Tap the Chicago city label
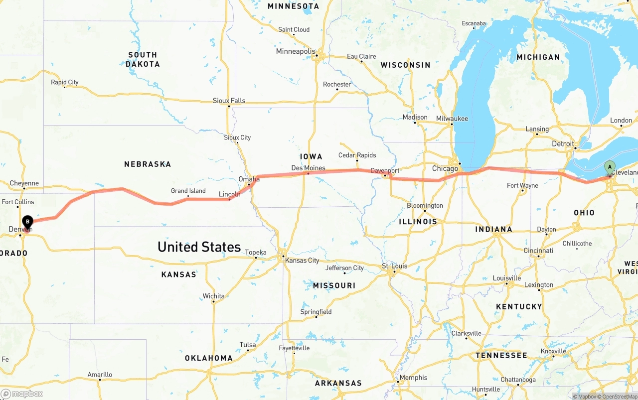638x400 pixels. click(445, 168)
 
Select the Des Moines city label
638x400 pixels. click(308, 168)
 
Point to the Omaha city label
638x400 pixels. click(249, 179)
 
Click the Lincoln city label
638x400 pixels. click(229, 194)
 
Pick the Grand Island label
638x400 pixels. click(188, 191)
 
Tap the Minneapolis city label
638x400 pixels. click(296, 51)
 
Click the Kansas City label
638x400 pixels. click(301, 260)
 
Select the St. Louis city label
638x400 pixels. click(395, 266)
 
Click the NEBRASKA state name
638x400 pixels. click(148, 164)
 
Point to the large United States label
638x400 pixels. click(199, 247)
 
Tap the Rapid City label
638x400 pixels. click(65, 82)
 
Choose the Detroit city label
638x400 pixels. click(563, 143)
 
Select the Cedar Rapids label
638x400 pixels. click(357, 155)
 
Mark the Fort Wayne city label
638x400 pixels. click(522, 185)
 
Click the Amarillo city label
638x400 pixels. click(100, 375)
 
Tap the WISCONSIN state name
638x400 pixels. click(405, 65)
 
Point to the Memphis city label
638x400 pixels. click(413, 377)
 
